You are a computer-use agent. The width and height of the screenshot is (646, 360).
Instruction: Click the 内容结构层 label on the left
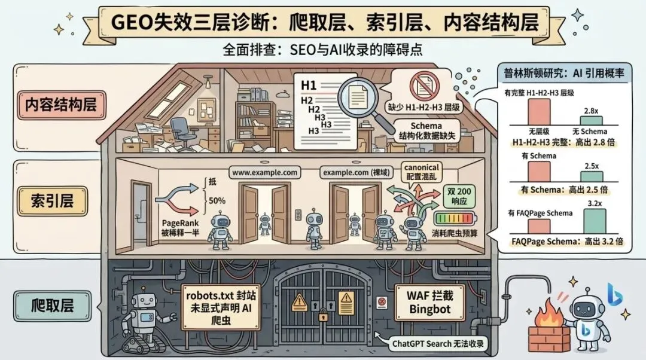pyautogui.click(x=61, y=105)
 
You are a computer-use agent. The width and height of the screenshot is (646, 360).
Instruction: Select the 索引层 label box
pyautogui.click(x=52, y=201)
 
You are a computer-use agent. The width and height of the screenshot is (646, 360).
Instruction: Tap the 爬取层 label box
pyautogui.click(x=52, y=306)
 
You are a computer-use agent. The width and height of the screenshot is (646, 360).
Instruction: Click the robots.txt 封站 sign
pyautogui.click(x=221, y=307)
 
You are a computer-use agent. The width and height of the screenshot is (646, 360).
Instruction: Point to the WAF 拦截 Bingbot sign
pyautogui.click(x=429, y=303)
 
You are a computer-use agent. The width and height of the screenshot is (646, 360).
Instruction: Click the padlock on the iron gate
pyautogui.click(x=323, y=316)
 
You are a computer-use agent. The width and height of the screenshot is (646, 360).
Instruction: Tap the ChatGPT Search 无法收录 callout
pyautogui.click(x=437, y=343)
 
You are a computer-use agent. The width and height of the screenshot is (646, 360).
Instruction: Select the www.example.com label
pyautogui.click(x=264, y=173)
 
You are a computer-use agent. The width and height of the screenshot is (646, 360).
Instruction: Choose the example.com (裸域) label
pyautogui.click(x=356, y=173)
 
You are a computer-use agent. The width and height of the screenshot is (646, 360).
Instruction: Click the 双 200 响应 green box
pyautogui.click(x=459, y=196)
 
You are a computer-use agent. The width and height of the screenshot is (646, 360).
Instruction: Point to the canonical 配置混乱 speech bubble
pyautogui.click(x=422, y=172)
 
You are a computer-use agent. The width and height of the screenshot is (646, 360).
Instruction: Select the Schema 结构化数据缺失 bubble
pyautogui.click(x=426, y=130)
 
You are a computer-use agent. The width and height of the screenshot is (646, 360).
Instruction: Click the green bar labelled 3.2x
pyautogui.click(x=595, y=221)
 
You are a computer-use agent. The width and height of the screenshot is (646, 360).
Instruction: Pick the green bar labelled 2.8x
pyautogui.click(x=591, y=120)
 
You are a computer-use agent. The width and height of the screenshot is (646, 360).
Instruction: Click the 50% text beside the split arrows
pyautogui.click(x=217, y=200)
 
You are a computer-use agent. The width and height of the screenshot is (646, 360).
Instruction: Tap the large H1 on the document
pyautogui.click(x=309, y=86)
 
